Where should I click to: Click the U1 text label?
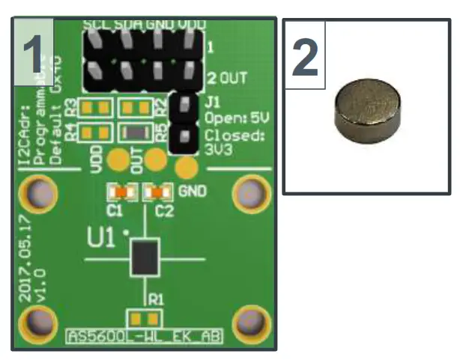tap(102, 242)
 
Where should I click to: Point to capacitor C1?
tap(121, 193)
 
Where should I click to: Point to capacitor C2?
tap(158, 193)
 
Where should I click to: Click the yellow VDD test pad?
tap(118, 159)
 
